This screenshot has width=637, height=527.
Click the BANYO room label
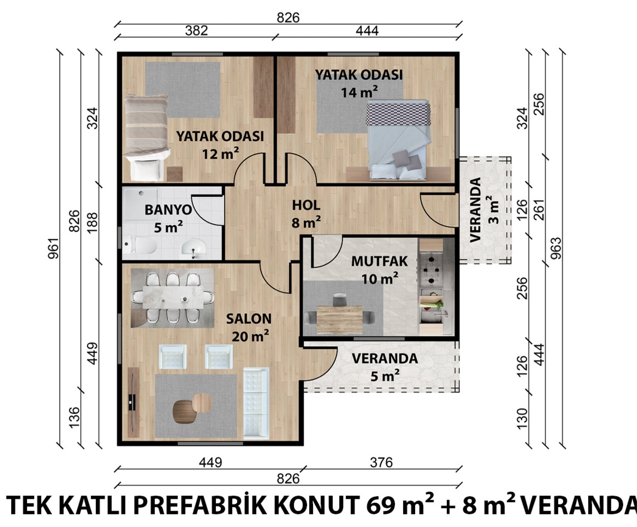(x=168, y=210)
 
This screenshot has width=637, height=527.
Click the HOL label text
(x=306, y=205)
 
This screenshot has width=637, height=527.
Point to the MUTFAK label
(x=379, y=261)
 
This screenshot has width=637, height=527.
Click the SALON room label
(x=249, y=318)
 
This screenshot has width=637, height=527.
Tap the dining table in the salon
(x=173, y=298)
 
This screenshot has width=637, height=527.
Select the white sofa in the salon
(x=256, y=403)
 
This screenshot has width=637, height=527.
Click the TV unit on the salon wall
(x=133, y=402)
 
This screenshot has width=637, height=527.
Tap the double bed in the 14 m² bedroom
(x=398, y=141)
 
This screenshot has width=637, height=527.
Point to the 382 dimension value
(x=196, y=31)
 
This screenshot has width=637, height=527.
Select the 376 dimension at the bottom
(x=381, y=463)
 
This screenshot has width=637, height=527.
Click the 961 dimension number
(x=53, y=248)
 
